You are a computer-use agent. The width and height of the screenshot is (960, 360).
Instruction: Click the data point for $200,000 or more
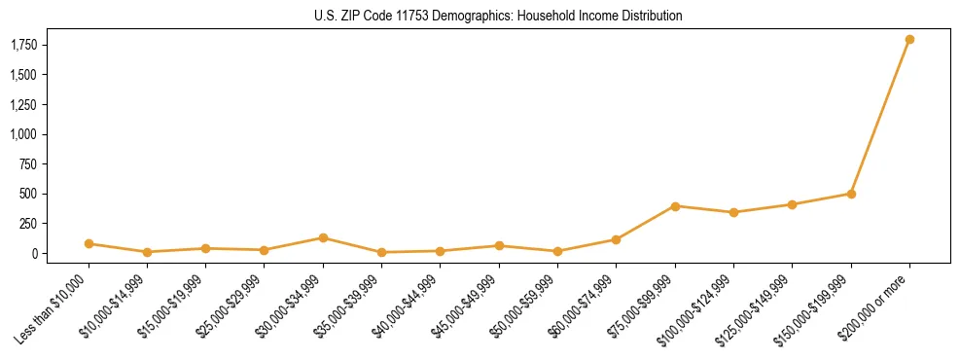point(909,40)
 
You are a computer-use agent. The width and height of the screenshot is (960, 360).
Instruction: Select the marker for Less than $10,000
point(89,244)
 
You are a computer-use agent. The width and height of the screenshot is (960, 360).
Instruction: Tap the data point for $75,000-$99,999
point(675,206)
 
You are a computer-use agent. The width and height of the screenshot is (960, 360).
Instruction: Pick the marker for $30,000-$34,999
point(323,238)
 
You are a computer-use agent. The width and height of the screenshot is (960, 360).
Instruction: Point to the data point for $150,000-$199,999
point(851,194)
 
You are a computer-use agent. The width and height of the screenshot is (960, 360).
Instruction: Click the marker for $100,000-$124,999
point(733,212)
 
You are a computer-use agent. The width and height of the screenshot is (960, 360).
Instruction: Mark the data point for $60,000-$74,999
point(616,239)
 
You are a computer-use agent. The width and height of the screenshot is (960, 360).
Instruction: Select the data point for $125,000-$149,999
point(793,204)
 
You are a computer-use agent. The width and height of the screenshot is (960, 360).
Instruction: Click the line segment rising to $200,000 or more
point(880,117)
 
